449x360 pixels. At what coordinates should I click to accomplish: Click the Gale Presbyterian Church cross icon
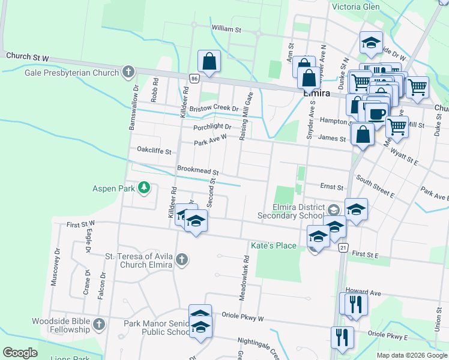pyautogui.click(x=127, y=73)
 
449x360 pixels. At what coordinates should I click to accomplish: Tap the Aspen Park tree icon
pyautogui.click(x=143, y=188)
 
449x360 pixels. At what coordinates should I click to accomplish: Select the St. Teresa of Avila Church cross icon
pyautogui.click(x=182, y=260)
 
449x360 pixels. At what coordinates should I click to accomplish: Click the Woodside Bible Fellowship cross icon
pyautogui.click(x=99, y=325)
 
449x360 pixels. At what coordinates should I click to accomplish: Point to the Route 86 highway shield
pyautogui.click(x=193, y=79)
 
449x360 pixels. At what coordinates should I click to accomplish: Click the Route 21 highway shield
pyautogui.click(x=343, y=247)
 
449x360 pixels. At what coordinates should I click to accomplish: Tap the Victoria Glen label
pyautogui.click(x=364, y=7)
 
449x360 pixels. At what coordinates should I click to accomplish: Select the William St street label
pyautogui.click(x=226, y=28)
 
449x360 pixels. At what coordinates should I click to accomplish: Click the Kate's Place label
pyautogui.click(x=273, y=246)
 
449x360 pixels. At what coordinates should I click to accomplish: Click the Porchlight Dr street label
pyautogui.click(x=212, y=127)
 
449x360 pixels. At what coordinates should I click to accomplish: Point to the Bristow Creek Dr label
pyautogui.click(x=214, y=108)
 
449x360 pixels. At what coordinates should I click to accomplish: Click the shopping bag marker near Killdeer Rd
pyautogui.click(x=209, y=61)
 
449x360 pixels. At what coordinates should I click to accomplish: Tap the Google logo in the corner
pyautogui.click(x=20, y=353)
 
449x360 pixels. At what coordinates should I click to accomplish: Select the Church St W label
pyautogui.click(x=27, y=56)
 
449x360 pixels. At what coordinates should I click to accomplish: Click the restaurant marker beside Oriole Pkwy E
pyautogui.click(x=342, y=337)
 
